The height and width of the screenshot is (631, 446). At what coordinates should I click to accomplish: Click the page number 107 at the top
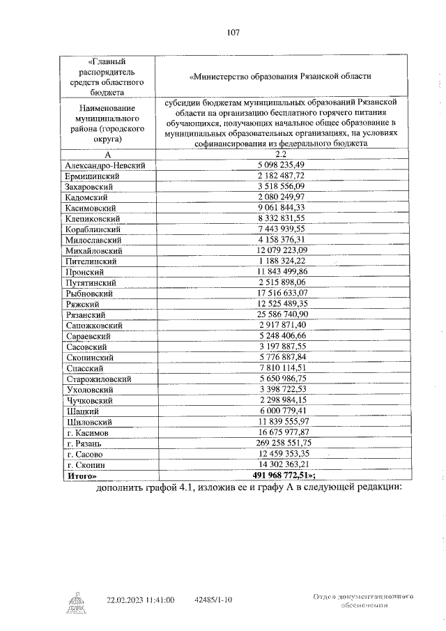click(233, 31)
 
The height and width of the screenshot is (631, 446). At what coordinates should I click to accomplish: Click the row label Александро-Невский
click(105, 165)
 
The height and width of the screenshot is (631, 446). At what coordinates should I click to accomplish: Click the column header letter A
click(107, 154)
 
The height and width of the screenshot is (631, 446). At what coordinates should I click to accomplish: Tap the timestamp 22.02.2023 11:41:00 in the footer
click(140, 599)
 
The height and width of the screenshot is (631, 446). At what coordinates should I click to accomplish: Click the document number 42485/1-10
click(214, 599)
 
